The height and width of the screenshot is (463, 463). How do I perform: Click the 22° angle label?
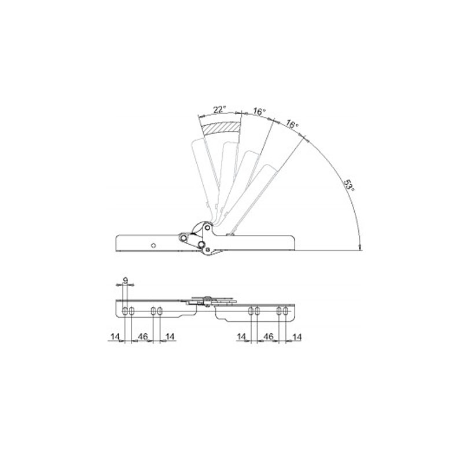coord(219,109)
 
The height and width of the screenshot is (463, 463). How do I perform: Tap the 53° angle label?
coord(349,185)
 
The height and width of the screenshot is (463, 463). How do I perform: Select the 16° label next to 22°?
coord(259,112)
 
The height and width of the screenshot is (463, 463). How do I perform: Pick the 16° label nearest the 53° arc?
coord(292,124)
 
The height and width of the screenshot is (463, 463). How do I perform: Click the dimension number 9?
coord(126,280)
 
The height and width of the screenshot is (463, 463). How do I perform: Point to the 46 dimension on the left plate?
coord(143,336)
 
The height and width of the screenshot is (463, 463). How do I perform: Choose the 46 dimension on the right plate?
coord(269,336)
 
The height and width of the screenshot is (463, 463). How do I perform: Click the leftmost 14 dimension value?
coord(115,336)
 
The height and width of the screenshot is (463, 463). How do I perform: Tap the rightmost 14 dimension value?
coord(297,337)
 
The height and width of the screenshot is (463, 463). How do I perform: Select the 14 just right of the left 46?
coord(170,336)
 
